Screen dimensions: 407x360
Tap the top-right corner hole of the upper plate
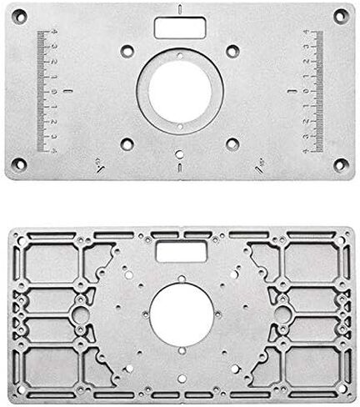coord(339,16)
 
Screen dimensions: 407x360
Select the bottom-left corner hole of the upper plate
coord(21,164)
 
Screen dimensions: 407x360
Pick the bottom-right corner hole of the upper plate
coord(339,164)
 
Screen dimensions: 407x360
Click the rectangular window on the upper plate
coord(180,28)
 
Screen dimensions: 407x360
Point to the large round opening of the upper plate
coord(180,89)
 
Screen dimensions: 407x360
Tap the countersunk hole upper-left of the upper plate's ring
coord(127,48)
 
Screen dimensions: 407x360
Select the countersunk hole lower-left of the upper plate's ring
coord(127,143)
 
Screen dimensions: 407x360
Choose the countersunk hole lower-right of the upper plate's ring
coord(233,143)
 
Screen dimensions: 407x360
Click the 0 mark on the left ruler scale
coord(54,90)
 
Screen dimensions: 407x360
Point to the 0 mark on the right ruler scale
coord(307,90)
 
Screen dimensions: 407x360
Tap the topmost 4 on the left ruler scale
coord(54,33)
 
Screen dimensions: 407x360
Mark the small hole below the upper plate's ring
coord(180,153)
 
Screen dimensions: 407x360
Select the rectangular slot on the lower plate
coord(180,252)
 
